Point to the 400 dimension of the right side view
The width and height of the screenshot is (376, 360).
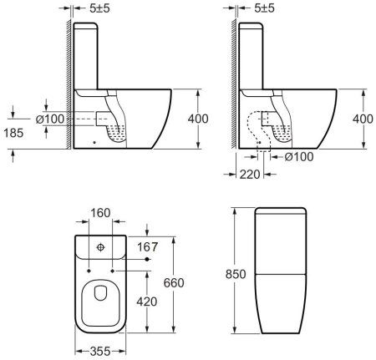[361, 119]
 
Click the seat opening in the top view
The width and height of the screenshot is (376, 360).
[99, 297]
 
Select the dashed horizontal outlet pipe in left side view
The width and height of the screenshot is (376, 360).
[84, 119]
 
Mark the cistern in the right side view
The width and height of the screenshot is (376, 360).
[255, 54]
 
